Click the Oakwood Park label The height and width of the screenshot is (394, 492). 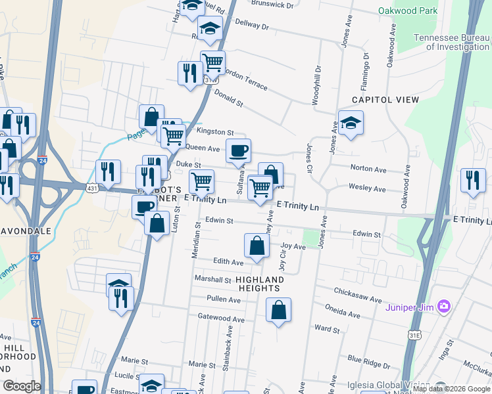[408, 11]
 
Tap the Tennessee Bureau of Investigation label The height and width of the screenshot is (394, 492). [451, 42]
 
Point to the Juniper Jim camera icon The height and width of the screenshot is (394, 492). [445, 306]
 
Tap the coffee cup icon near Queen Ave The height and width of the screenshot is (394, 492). [238, 151]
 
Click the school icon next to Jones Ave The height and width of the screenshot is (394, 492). [351, 122]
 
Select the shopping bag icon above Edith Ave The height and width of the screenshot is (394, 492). [257, 246]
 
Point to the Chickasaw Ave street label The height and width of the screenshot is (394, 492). [357, 291]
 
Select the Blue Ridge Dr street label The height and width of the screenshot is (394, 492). [369, 361]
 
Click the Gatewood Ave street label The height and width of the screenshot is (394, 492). [221, 319]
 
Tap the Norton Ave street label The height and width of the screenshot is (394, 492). [368, 169]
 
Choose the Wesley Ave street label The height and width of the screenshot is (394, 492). [367, 188]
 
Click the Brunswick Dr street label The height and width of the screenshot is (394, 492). [272, 5]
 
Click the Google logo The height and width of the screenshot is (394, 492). [22, 386]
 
